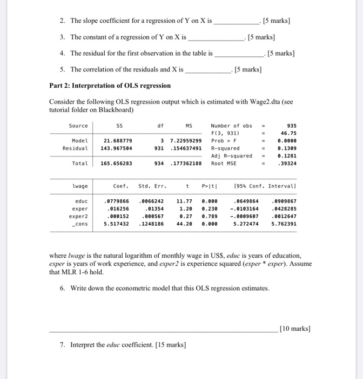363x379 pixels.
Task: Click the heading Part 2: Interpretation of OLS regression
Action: (110, 86)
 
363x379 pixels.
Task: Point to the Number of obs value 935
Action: (290, 126)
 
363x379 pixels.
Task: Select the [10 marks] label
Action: (296, 328)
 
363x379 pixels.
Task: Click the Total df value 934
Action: (159, 163)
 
